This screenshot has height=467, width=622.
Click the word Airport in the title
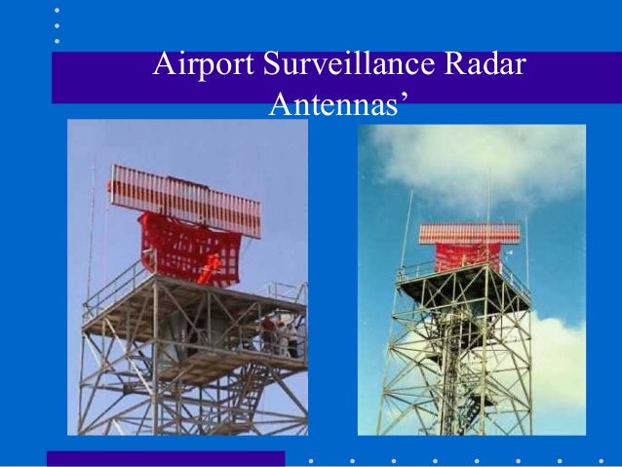[x=200, y=68]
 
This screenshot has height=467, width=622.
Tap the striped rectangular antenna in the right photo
[x=469, y=233]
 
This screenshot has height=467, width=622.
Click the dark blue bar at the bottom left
[x=166, y=458]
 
